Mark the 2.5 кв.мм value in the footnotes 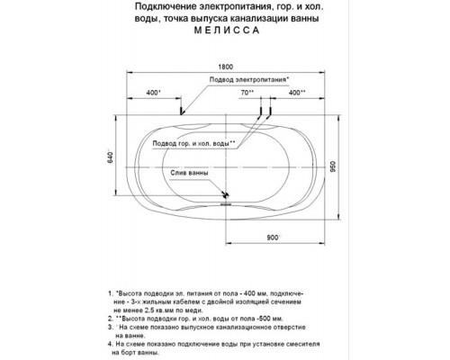click(163, 310)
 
